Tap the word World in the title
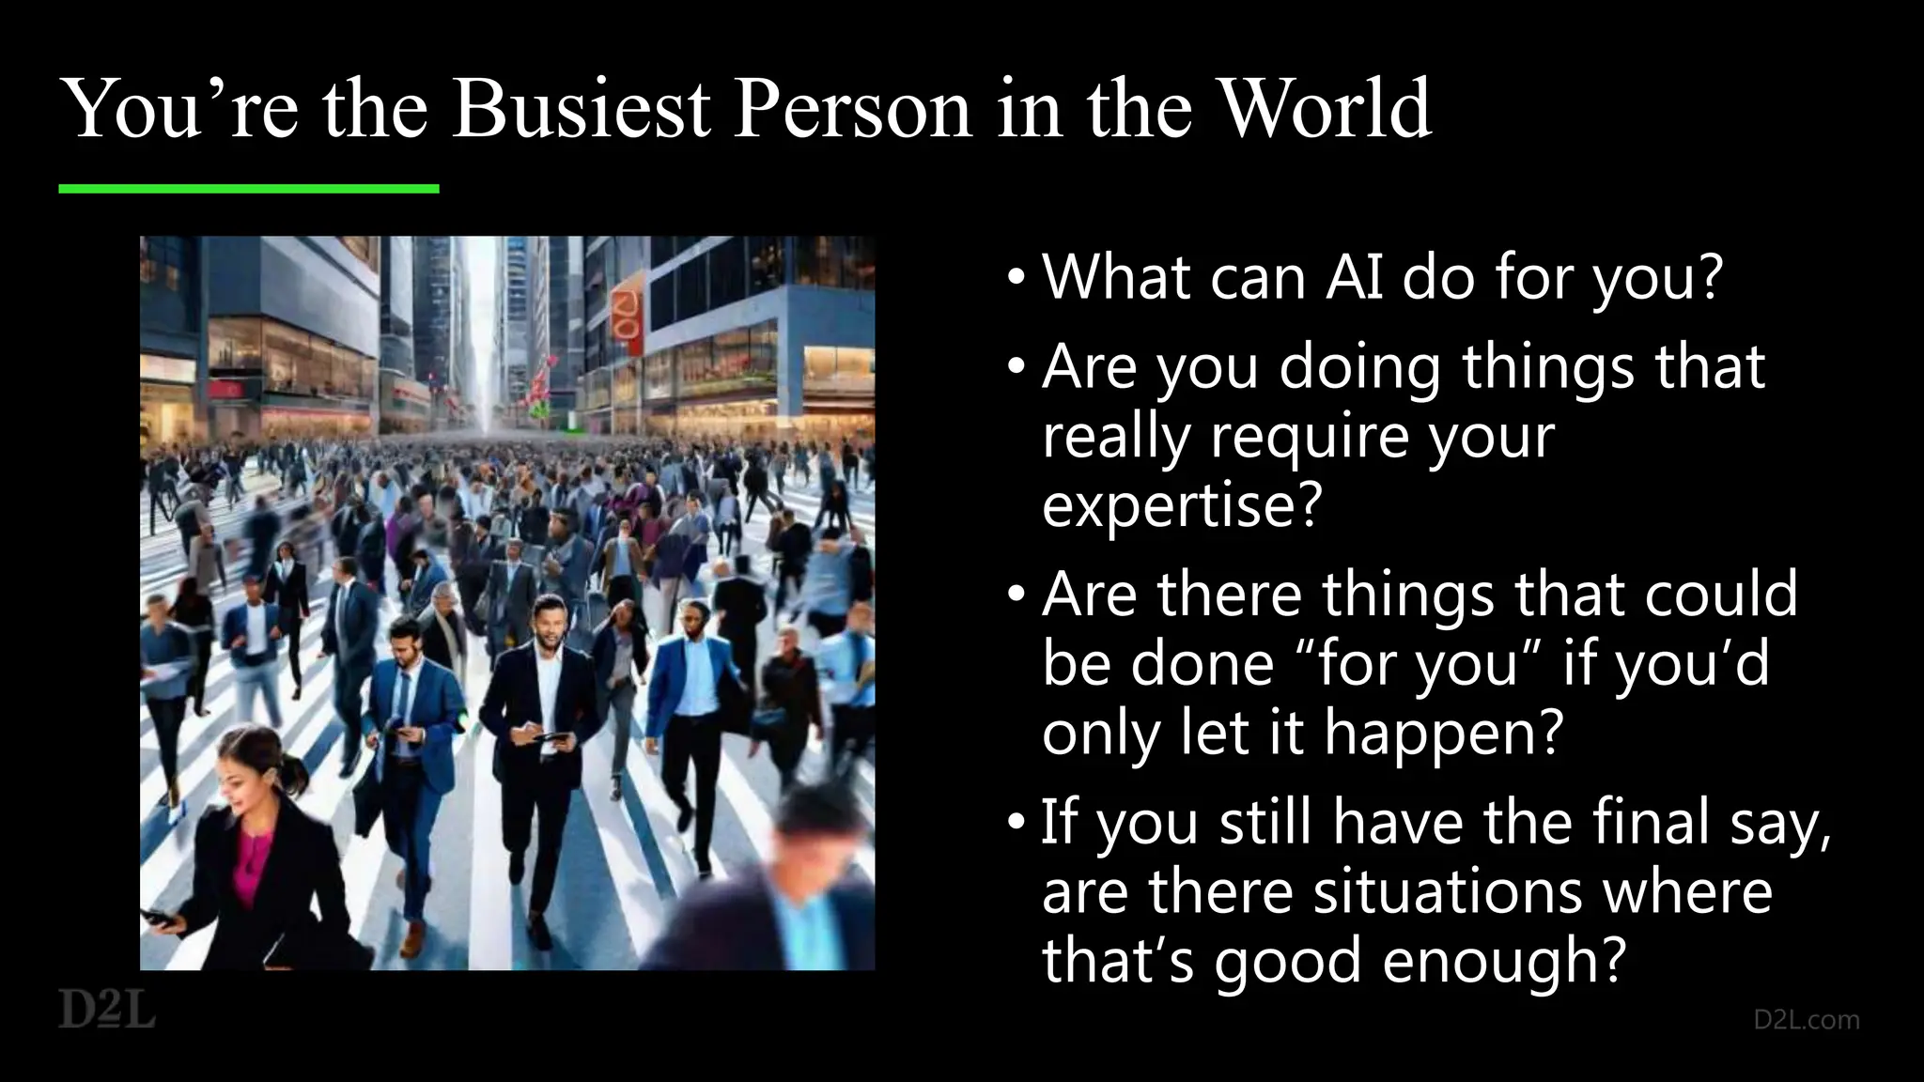[x=1324, y=110]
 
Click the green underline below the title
[x=249, y=189]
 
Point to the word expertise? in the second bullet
[x=1182, y=505]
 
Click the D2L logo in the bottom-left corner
[x=107, y=1009]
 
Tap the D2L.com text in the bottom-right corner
[x=1806, y=1019]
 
